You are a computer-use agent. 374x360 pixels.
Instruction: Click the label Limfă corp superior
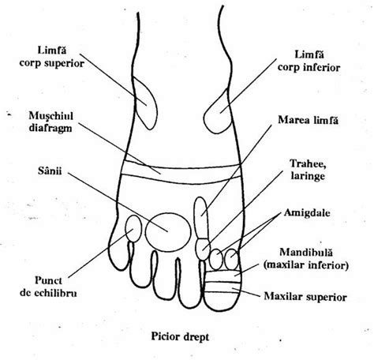52,57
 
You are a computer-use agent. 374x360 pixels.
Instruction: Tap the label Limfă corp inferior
309,62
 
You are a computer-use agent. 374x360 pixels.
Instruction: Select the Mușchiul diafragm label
50,122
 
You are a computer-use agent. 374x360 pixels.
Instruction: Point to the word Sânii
50,171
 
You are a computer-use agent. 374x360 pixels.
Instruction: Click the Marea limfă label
308,120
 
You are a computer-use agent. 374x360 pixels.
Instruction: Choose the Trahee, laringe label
308,170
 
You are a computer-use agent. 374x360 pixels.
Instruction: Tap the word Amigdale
307,212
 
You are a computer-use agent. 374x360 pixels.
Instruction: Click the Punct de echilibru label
48,287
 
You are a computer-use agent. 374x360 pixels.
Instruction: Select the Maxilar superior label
305,297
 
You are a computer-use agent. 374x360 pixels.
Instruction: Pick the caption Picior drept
180,336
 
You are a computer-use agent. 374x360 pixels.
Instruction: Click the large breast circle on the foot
168,231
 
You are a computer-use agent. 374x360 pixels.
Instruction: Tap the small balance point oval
133,228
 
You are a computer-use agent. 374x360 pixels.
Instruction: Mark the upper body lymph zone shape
145,103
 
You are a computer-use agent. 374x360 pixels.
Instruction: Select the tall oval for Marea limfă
201,218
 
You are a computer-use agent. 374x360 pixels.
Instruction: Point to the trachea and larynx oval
203,249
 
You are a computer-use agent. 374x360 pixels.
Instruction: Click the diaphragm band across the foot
181,172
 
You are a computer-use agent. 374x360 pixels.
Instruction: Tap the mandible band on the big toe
223,276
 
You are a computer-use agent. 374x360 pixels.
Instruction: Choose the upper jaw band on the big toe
223,287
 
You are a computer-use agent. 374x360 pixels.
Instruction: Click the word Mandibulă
306,253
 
